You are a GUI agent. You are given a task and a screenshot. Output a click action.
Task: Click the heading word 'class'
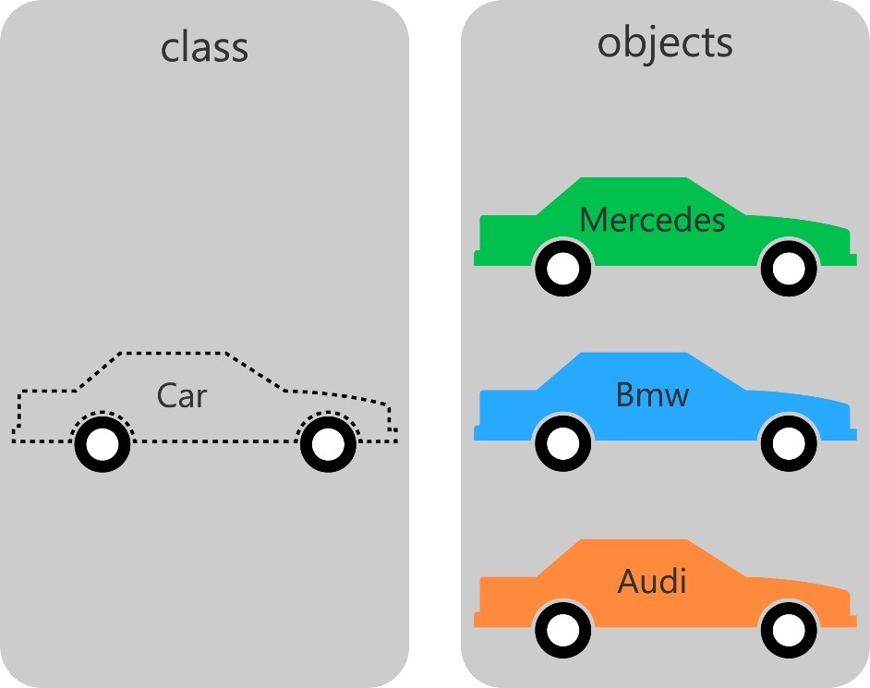click(204, 46)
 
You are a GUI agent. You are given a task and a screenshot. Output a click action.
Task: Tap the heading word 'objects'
click(665, 42)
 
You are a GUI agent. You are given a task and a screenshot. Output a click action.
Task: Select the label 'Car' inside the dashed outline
click(182, 395)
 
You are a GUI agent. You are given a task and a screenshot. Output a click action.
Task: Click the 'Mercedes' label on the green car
click(652, 220)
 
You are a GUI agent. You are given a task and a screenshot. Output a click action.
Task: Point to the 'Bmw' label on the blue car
click(652, 395)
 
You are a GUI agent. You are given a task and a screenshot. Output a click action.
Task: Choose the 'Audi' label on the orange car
click(652, 582)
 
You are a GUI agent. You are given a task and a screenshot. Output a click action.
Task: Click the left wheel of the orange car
click(563, 631)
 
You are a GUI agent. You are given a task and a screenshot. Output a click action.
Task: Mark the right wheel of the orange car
click(789, 631)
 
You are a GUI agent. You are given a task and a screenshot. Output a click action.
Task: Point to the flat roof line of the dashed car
click(171, 353)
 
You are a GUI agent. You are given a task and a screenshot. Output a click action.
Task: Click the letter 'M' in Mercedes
click(593, 220)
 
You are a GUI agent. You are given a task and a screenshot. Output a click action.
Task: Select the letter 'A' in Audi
click(629, 582)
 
